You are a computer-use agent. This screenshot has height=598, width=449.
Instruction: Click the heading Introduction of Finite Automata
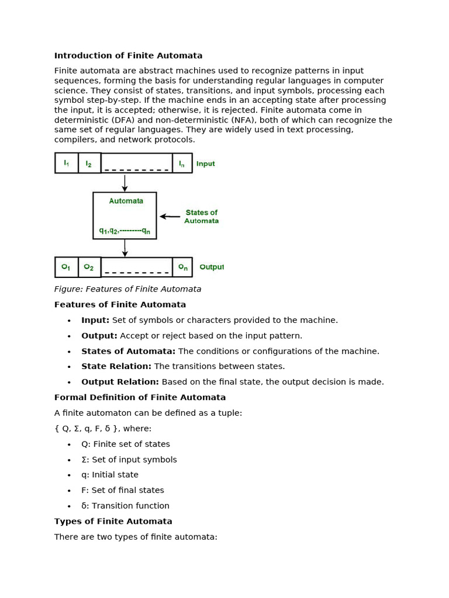click(128, 56)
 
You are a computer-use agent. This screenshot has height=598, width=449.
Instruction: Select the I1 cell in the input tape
click(66, 163)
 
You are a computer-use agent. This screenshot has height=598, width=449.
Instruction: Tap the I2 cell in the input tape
click(89, 163)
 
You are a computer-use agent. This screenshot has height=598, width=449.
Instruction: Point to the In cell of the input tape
click(182, 163)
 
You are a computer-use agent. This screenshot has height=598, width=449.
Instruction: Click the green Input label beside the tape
click(205, 164)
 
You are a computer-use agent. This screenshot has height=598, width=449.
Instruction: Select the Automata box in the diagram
click(125, 215)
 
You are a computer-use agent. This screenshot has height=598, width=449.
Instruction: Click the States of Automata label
click(201, 217)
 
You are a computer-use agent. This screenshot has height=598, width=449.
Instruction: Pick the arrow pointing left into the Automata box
click(170, 217)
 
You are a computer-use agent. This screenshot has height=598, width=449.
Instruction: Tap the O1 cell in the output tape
click(66, 267)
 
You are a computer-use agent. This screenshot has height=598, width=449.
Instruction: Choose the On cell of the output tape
click(182, 267)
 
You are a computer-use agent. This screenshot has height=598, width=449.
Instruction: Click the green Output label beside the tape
click(211, 267)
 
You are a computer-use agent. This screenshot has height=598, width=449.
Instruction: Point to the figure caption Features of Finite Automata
click(127, 289)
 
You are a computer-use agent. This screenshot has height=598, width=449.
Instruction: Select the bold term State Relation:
click(116, 367)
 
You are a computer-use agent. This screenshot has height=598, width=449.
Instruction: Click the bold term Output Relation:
click(120, 382)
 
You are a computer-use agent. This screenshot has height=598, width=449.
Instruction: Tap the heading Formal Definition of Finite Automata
click(140, 398)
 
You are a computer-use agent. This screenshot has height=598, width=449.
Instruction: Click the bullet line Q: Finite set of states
click(126, 444)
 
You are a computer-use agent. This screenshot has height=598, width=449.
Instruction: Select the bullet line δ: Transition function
click(125, 506)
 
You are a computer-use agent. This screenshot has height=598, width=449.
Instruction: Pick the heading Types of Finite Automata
click(113, 521)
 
